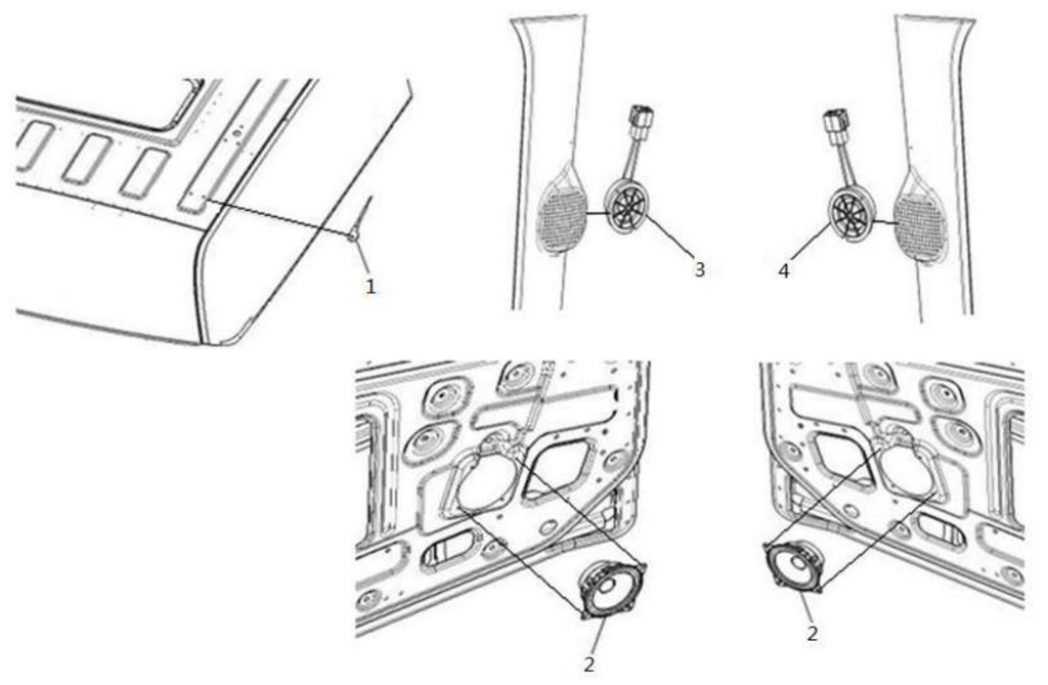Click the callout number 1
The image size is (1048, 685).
[370, 286]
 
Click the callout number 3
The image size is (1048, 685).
[699, 269]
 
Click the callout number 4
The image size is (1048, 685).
[784, 271]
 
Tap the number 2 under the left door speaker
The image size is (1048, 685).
[589, 664]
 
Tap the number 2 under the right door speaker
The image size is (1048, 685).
[812, 634]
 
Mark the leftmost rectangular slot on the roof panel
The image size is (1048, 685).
[33, 145]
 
